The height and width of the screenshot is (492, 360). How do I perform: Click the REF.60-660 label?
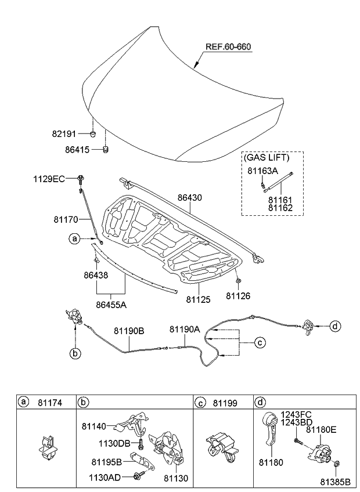tap(228, 46)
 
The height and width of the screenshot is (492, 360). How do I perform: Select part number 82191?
tap(64, 133)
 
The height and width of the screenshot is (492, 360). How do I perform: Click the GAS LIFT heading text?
tap(266, 157)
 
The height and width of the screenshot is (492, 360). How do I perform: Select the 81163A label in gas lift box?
tap(262, 171)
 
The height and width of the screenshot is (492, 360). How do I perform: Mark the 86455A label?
tap(111, 303)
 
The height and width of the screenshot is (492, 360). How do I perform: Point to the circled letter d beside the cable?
tap(335, 325)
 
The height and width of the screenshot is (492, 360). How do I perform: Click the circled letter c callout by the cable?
tap(260, 342)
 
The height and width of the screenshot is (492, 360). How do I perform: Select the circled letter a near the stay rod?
tap(74, 238)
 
